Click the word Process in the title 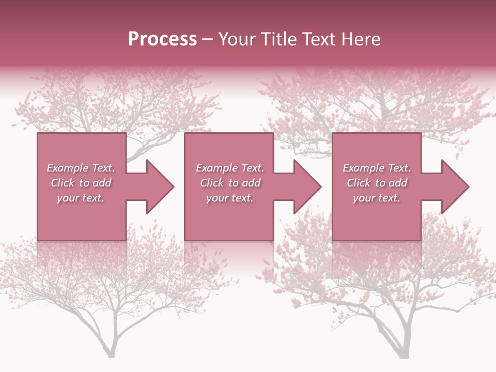point(162,39)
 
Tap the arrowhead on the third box point(454,187)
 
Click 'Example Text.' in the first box point(81,168)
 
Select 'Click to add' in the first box point(81,183)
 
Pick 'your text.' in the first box point(81,198)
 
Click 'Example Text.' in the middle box point(229,168)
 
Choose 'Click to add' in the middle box point(229,183)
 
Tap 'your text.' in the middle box point(229,198)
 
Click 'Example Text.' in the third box point(377,168)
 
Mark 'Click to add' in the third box point(377,183)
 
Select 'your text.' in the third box point(377,198)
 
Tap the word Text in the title point(315,39)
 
